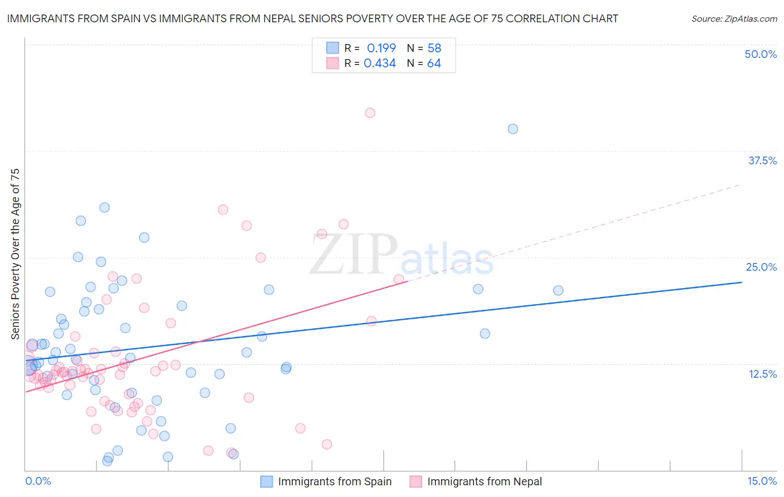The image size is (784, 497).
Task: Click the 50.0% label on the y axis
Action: (x=761, y=54)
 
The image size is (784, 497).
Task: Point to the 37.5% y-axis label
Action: (x=762, y=160)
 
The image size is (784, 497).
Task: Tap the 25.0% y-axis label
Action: (x=761, y=267)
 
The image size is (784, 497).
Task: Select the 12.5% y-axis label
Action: (x=762, y=374)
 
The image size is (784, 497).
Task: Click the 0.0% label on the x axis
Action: (x=38, y=481)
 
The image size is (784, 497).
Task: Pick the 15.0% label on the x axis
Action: (x=762, y=481)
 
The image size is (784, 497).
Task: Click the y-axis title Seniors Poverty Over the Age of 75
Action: (x=15, y=254)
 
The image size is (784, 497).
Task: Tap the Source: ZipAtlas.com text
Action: (x=734, y=19)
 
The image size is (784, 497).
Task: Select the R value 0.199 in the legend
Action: (x=381, y=48)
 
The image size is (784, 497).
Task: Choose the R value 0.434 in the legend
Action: (x=380, y=64)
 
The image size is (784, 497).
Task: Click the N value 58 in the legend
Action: (x=434, y=48)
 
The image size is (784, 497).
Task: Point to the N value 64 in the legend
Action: (x=434, y=64)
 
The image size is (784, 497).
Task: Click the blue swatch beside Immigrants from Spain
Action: (x=267, y=481)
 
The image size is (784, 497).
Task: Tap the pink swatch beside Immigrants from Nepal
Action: (x=415, y=481)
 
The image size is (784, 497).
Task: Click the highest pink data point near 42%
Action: (x=370, y=113)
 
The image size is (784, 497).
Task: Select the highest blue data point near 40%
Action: (x=513, y=129)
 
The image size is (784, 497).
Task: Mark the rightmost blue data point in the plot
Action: (x=558, y=290)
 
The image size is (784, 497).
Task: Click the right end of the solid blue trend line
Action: (x=741, y=282)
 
